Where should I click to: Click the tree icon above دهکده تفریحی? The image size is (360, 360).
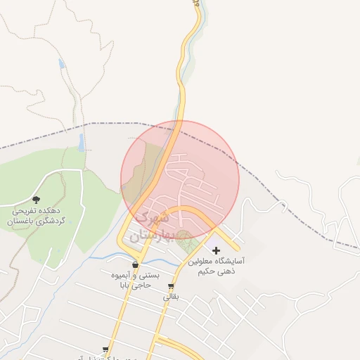pos(37,200)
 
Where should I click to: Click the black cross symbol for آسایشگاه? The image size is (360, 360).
pos(216,250)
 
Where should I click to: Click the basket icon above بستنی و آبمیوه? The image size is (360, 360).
pos(135,265)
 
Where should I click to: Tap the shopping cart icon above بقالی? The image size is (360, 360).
pos(171,286)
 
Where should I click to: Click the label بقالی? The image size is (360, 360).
pos(172,297)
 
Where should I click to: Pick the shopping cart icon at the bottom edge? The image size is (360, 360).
pos(106,349)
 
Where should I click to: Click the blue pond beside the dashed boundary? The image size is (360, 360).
pos(82,143)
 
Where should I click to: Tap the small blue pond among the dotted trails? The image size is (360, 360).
pos(62,64)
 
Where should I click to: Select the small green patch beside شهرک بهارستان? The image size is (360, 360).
pos(186,244)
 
